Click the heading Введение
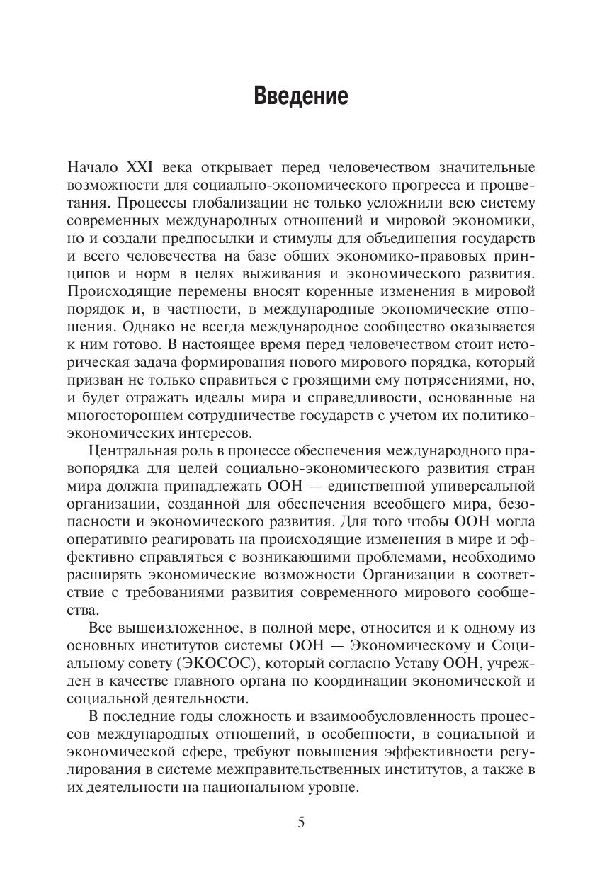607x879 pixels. [301, 96]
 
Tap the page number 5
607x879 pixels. [302, 822]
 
